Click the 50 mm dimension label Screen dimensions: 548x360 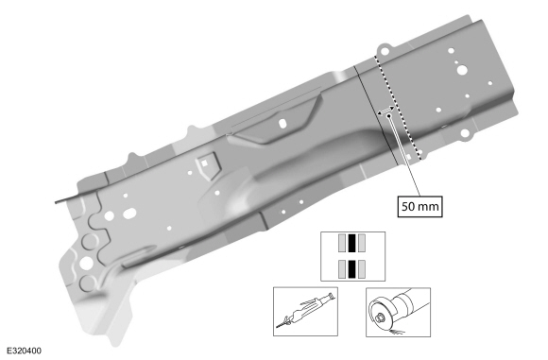pos(420,207)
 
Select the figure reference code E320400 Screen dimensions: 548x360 pos(24,351)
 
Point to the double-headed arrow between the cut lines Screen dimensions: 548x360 pos(385,111)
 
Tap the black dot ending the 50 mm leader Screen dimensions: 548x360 pos(389,115)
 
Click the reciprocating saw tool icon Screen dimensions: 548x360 pos(305,312)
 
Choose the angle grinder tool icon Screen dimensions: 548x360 pos(398,312)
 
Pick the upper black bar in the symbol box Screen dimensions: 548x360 pos(351,243)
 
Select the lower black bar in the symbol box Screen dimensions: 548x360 pos(351,269)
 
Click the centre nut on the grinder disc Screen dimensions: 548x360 pos(381,317)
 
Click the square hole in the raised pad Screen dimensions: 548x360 pos(204,163)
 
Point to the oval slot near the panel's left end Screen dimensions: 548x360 pos(129,213)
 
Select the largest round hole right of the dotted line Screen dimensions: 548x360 pos(462,70)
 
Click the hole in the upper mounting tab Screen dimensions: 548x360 pos(385,51)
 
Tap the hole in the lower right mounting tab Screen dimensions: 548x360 pos(465,133)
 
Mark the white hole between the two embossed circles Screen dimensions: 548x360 pos(86,263)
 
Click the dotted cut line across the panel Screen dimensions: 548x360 pos(398,107)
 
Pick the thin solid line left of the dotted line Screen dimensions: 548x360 pos(377,114)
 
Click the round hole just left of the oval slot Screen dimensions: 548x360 pos(109,216)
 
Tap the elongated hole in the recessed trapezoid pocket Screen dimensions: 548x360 pos(283,123)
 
